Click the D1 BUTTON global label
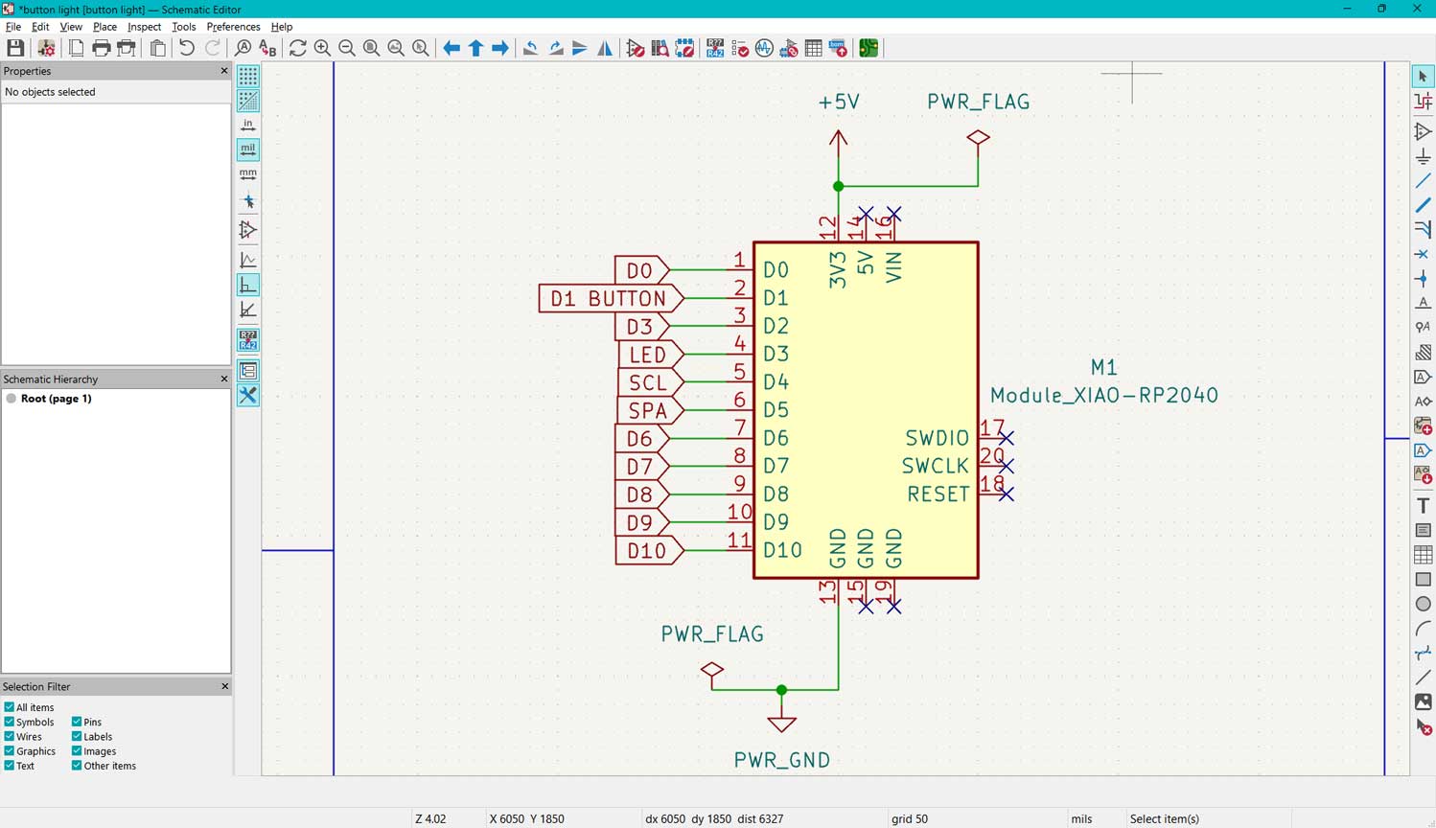pos(608,299)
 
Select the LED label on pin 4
pos(648,355)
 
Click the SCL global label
pos(648,382)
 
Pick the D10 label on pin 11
pos(646,550)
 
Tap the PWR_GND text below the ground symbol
pos(781,760)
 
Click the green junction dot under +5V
pos(839,186)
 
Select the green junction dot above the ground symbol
pos(782,690)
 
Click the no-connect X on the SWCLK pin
pos(1006,466)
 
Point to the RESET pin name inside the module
pos(938,494)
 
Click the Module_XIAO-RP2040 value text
pos(1103,395)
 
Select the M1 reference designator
pos(1103,367)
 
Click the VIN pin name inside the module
pos(893,266)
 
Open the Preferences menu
pos(233,27)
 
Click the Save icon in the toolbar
pos(15,48)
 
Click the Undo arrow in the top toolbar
pos(186,48)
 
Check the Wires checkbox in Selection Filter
pos(10,737)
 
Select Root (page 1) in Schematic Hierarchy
pos(56,399)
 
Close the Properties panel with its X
pos(224,71)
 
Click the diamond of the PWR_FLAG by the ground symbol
pos(711,670)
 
